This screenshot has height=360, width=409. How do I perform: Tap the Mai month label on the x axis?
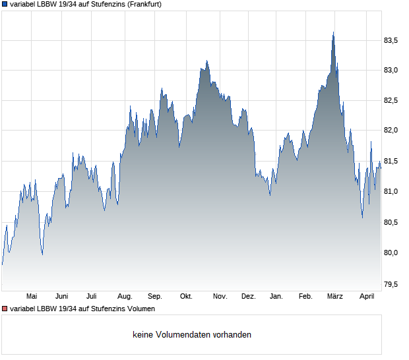(x=32, y=297)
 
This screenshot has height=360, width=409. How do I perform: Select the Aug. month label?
(x=125, y=297)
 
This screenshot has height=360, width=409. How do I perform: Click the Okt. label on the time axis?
(x=186, y=297)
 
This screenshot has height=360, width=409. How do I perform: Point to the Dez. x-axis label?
(x=248, y=297)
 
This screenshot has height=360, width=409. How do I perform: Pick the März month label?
(x=336, y=297)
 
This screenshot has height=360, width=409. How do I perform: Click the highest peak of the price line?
(x=333, y=32)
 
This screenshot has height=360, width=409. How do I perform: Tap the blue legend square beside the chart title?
(x=5, y=4)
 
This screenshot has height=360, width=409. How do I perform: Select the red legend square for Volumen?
(x=5, y=309)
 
